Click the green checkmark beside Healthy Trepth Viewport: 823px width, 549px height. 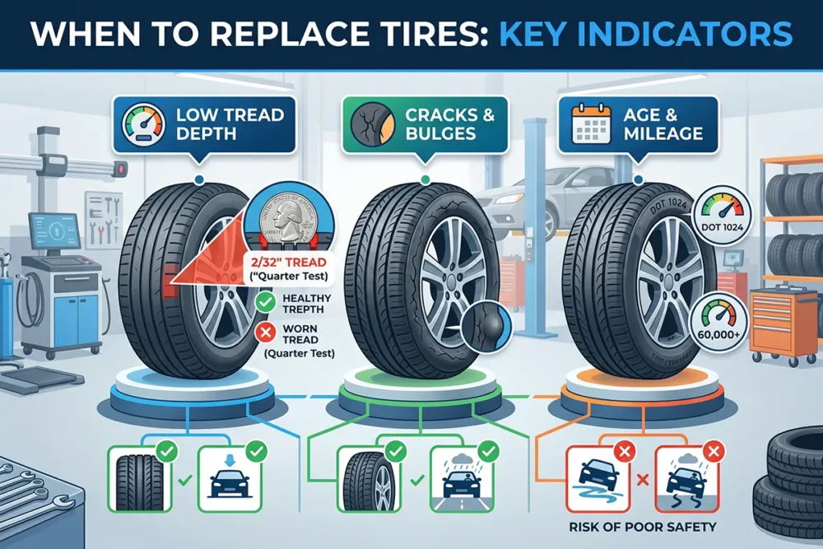point(265,304)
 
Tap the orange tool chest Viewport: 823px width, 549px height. point(782,321)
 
